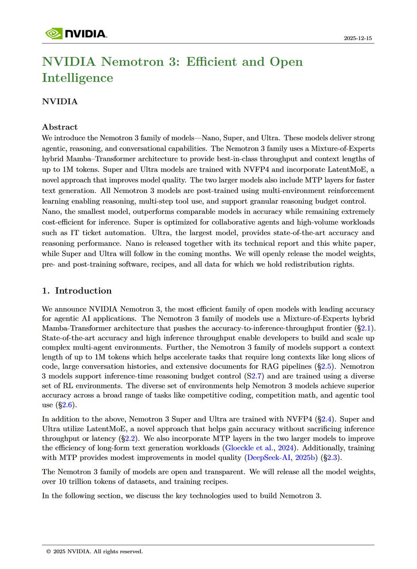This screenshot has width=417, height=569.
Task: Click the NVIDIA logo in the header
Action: [x=76, y=34]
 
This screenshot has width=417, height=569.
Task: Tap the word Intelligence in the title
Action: [x=78, y=77]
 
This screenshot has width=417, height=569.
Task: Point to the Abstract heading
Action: [x=60, y=127]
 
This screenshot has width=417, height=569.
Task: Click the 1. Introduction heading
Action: [x=77, y=291]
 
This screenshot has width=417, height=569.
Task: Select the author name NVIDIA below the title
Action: [x=60, y=101]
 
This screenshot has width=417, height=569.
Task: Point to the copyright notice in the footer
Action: [x=94, y=551]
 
